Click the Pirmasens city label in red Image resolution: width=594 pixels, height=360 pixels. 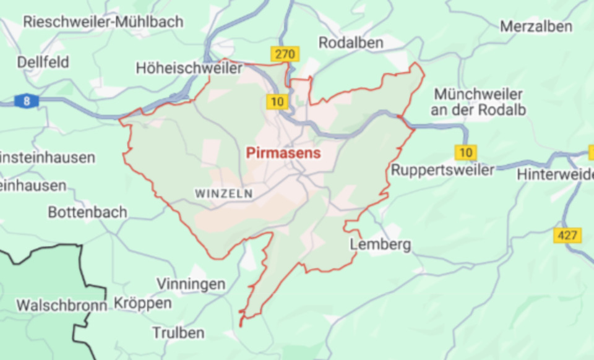(x=283, y=153)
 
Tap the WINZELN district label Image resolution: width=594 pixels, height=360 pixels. (x=224, y=194)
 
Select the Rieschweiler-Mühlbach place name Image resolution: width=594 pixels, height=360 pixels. (x=103, y=22)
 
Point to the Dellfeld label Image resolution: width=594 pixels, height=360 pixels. (x=43, y=62)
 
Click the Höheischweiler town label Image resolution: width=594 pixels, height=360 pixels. (x=189, y=68)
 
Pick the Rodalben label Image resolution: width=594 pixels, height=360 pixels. (x=351, y=43)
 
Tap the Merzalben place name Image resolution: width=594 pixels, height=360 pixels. (x=536, y=27)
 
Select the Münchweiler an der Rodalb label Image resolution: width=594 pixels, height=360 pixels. (x=479, y=102)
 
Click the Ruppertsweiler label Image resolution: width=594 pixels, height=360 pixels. (x=443, y=169)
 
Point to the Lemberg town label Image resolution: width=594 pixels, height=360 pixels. (x=381, y=244)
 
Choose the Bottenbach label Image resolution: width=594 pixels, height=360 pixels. (x=87, y=212)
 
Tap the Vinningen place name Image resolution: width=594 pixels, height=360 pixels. (x=191, y=284)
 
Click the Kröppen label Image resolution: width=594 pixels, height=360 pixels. (x=143, y=303)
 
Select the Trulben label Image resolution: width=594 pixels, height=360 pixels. (x=178, y=333)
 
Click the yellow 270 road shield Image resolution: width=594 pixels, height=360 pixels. (x=285, y=54)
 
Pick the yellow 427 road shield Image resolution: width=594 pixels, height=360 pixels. (x=567, y=235)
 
